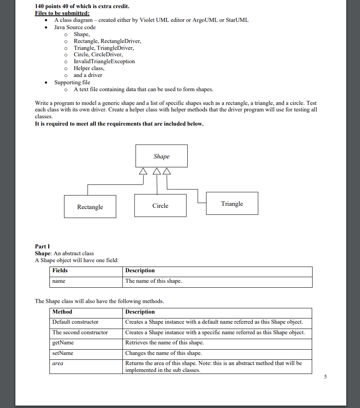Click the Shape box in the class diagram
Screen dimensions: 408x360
pyautogui.click(x=161, y=156)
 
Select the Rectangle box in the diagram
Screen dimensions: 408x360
pyautogui.click(x=90, y=207)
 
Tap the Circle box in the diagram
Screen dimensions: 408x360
pyautogui.click(x=160, y=205)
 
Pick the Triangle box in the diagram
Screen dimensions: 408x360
pyautogui.click(x=232, y=203)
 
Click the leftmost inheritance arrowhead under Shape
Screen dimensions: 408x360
pyautogui.click(x=142, y=171)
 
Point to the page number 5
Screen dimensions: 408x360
pyautogui.click(x=325, y=377)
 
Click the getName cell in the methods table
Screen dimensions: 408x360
pyautogui.click(x=63, y=343)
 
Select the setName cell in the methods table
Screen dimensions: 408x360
pyautogui.click(x=63, y=353)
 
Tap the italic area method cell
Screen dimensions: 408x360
pyautogui.click(x=58, y=363)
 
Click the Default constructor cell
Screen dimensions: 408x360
pyautogui.click(x=75, y=322)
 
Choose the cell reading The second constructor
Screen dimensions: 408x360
pyautogui.click(x=80, y=332)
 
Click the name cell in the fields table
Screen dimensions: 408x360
pyautogui.click(x=59, y=281)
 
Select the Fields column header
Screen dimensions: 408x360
pyautogui.click(x=60, y=270)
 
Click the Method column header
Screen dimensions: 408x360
pyautogui.click(x=62, y=312)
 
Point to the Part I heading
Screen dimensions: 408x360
pyautogui.click(x=42, y=246)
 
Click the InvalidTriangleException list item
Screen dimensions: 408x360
pyautogui.click(x=104, y=61)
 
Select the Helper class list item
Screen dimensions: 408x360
pyautogui.click(x=89, y=68)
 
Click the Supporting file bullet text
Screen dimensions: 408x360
pyautogui.click(x=72, y=82)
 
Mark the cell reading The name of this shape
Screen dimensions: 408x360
pyautogui.click(x=154, y=281)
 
